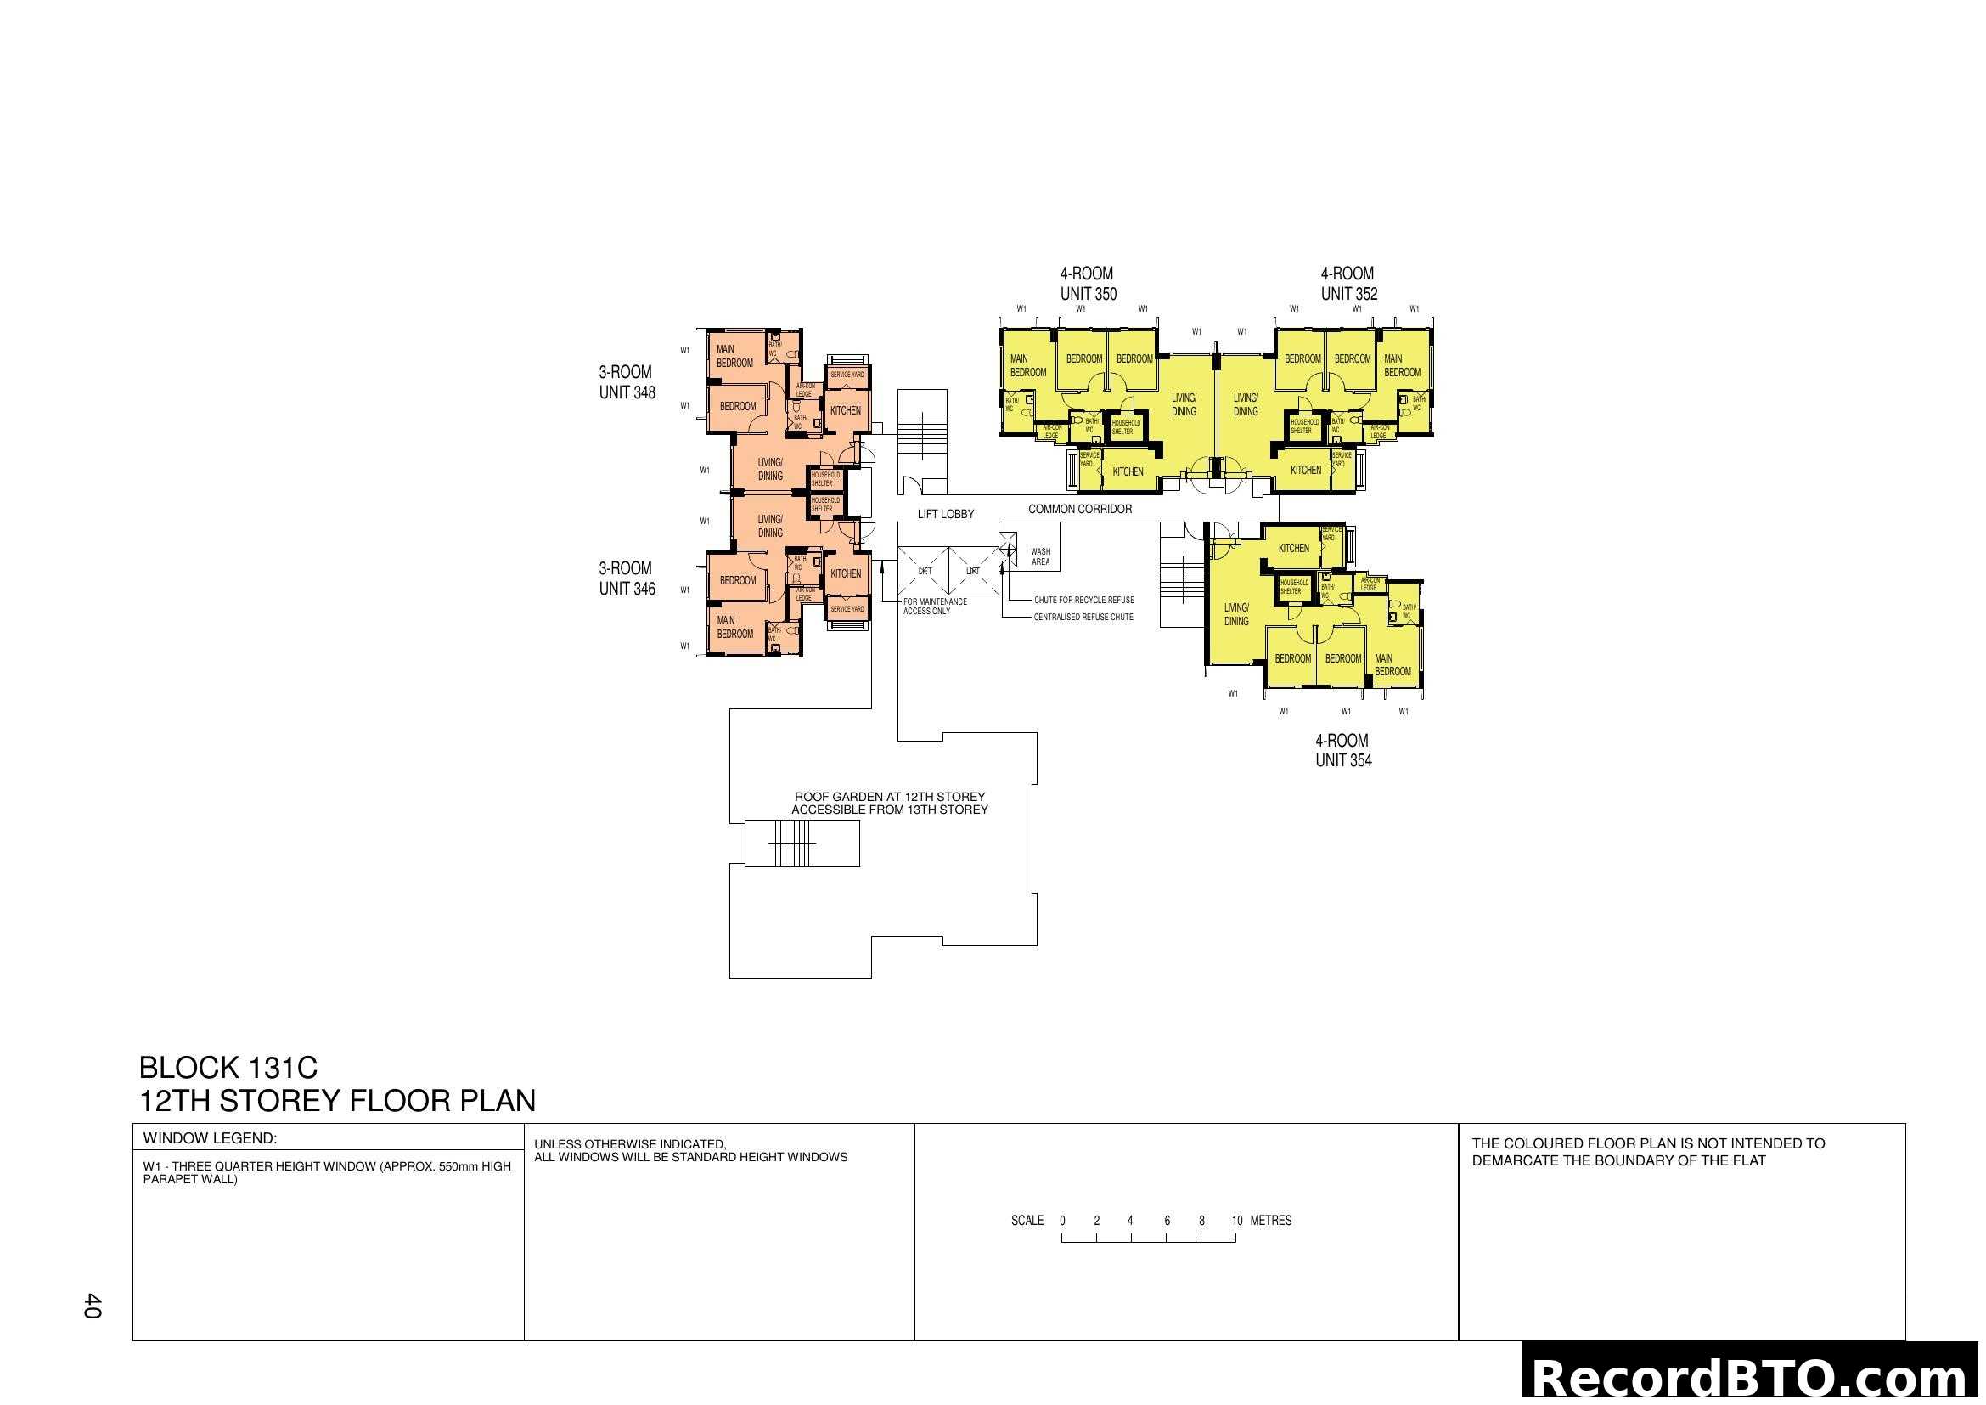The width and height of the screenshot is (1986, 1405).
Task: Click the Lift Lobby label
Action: (x=944, y=514)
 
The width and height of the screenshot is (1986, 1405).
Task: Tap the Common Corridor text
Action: (x=1079, y=509)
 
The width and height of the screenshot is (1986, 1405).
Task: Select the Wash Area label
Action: (x=1041, y=556)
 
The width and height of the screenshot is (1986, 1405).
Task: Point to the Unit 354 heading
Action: (x=1342, y=750)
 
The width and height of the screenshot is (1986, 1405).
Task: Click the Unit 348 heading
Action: (x=627, y=381)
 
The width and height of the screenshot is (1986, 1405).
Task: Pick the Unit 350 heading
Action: (x=1088, y=283)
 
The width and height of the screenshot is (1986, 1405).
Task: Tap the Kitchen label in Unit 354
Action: (x=1293, y=548)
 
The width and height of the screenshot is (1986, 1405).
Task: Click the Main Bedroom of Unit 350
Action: (x=1027, y=365)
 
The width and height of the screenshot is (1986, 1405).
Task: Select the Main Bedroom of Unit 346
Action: (x=734, y=626)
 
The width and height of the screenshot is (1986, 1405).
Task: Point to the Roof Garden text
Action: (x=889, y=803)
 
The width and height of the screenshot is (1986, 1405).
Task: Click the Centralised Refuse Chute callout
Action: (x=1083, y=617)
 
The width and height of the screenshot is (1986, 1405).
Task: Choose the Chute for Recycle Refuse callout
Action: (x=1083, y=600)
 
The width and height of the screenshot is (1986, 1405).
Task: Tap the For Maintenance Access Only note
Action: (x=934, y=606)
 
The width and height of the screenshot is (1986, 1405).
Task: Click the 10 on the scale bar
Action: (x=1236, y=1221)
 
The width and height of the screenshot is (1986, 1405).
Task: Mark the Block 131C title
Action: (x=228, y=1067)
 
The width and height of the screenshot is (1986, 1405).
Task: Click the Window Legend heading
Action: (x=210, y=1137)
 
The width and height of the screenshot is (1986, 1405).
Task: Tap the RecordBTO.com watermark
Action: (x=1752, y=1377)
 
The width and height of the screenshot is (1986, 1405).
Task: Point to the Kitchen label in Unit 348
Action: (x=845, y=410)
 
